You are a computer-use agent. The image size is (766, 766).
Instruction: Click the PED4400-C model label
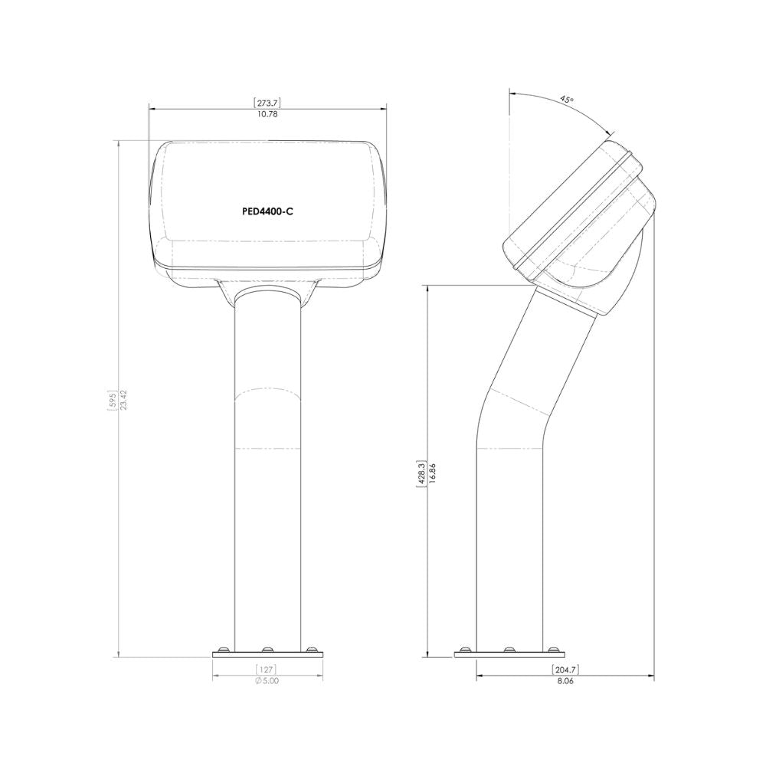(x=267, y=212)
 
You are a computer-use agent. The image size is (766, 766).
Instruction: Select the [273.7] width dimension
(x=267, y=103)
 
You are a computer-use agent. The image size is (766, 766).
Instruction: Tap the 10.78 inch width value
(x=267, y=114)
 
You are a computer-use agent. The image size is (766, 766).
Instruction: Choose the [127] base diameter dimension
(x=267, y=669)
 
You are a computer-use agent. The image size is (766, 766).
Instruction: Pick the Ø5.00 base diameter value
(x=267, y=681)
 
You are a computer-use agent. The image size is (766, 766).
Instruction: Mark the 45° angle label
(x=567, y=99)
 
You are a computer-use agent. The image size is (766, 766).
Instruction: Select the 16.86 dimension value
(x=432, y=473)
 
